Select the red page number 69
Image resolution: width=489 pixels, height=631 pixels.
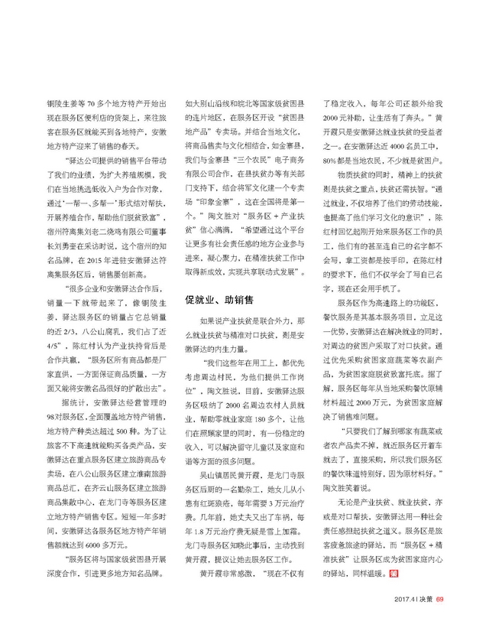tap(439, 600)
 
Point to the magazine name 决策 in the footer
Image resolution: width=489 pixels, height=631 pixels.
tap(425, 600)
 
